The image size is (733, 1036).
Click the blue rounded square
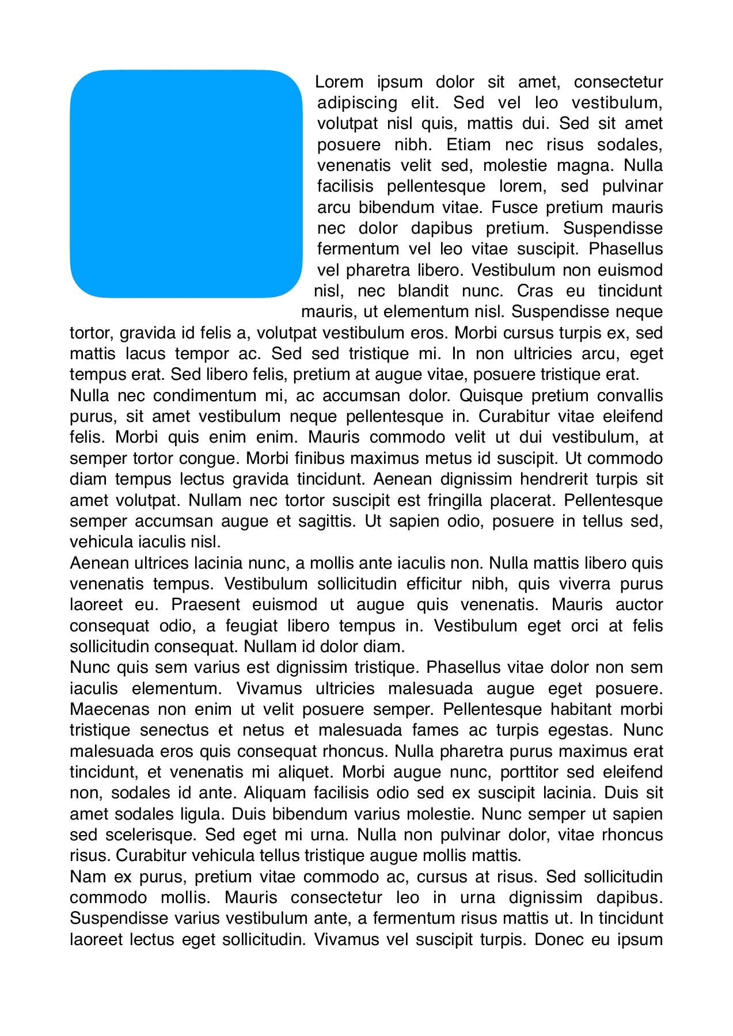186,184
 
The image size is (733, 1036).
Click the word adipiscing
357,103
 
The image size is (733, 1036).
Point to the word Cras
534,291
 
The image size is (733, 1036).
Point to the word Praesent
206,604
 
